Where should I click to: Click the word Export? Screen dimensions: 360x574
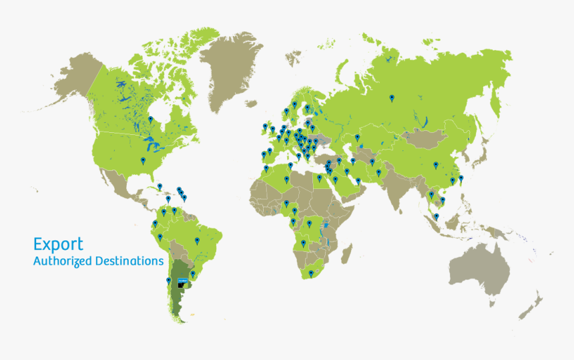point(59,244)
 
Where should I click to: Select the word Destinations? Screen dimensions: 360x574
point(129,260)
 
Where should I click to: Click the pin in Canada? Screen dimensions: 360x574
point(150,120)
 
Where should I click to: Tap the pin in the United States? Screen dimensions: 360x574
point(143,161)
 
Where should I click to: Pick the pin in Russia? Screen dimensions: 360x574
point(392,99)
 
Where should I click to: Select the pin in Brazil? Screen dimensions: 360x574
point(197,240)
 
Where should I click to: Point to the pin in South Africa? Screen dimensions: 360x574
point(310,273)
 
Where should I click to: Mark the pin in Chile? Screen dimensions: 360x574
point(168,281)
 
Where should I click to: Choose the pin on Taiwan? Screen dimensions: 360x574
point(461,178)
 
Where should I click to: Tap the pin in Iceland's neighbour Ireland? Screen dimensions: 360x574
point(265,126)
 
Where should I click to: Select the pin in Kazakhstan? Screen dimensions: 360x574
point(357,137)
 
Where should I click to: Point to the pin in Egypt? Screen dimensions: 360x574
point(319,178)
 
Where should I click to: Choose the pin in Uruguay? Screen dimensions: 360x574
point(193,274)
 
